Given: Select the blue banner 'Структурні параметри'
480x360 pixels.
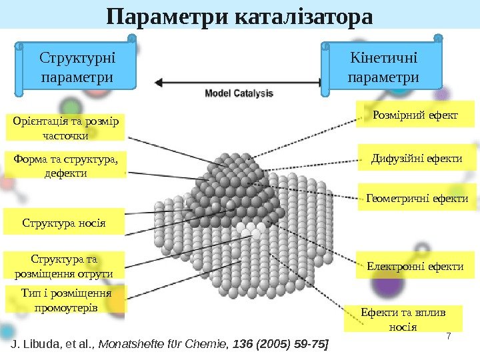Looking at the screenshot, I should click(x=76, y=67).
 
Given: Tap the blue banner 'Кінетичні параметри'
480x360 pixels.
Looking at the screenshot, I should click(x=383, y=67).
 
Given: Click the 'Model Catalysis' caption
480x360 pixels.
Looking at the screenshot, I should click(x=238, y=93).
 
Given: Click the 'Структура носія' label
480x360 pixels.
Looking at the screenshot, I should click(x=65, y=221).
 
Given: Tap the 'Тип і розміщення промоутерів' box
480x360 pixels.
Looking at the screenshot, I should click(x=65, y=300).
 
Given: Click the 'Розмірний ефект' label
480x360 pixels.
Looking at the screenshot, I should click(x=415, y=115).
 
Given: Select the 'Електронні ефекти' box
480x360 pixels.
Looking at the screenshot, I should click(x=415, y=266).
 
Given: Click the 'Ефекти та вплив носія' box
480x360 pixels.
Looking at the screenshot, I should click(x=402, y=319).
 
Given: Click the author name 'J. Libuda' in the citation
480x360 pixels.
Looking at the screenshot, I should click(x=32, y=345).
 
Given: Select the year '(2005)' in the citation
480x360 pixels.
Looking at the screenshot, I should click(x=266, y=345).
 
